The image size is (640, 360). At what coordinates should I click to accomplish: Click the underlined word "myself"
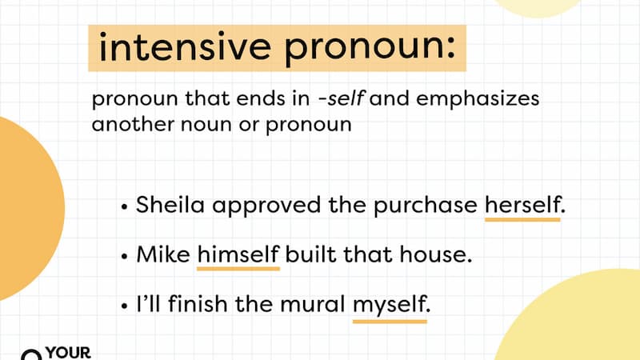click(390, 306)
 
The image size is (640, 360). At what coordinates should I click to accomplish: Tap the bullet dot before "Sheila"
click(124, 206)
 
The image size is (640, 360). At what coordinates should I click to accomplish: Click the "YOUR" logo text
click(70, 352)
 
